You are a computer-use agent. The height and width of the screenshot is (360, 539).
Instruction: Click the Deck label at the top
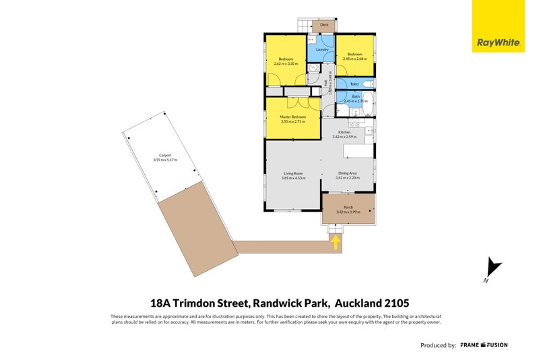coord(324,25)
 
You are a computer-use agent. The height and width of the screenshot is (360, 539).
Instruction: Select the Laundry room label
coord(321,49)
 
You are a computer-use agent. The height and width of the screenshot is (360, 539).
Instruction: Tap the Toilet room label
coord(354,84)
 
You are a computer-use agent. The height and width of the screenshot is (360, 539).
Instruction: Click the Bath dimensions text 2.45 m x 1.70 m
coord(355,101)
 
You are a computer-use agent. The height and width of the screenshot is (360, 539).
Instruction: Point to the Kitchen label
coord(344,132)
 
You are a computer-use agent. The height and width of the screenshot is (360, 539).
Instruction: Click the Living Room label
coord(293,173)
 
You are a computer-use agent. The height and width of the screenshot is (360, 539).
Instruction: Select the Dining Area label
coord(348,173)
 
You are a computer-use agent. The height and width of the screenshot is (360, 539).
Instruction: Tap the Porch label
coord(348,207)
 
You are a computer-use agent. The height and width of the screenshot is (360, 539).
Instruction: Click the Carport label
coord(165,155)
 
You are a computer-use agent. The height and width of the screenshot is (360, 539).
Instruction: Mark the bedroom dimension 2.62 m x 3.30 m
coord(286,63)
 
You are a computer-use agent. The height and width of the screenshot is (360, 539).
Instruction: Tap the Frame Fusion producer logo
coord(484,345)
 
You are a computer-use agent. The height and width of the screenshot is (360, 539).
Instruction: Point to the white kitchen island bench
coord(357,150)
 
